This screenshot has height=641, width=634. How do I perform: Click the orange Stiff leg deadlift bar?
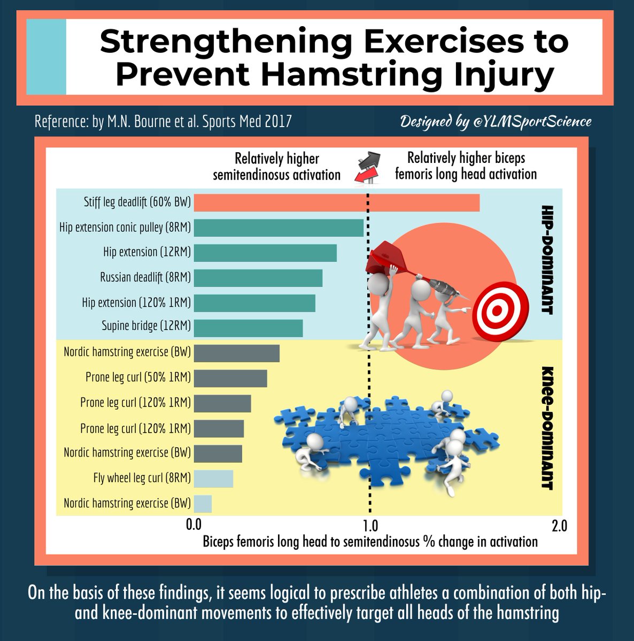click(336, 203)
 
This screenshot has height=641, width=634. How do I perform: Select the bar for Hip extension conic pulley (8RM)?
click(279, 228)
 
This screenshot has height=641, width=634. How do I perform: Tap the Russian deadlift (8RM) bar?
click(258, 278)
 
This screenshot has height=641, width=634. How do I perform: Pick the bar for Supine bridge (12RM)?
click(248, 328)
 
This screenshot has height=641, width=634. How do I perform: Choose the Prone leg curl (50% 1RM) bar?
click(230, 378)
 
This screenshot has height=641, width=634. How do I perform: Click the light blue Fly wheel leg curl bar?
click(213, 479)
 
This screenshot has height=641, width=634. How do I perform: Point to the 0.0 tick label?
click(194, 525)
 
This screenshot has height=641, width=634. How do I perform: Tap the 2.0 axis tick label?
click(559, 526)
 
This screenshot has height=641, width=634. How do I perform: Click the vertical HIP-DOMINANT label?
click(546, 260)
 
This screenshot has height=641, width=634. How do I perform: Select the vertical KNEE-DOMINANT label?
click(546, 428)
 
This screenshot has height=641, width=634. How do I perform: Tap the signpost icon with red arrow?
click(368, 167)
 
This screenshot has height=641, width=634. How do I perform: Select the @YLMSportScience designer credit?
click(496, 121)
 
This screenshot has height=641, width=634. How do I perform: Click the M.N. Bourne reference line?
click(163, 121)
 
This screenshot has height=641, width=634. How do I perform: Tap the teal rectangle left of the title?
click(46, 57)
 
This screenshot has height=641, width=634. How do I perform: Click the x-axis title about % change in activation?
click(370, 542)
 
